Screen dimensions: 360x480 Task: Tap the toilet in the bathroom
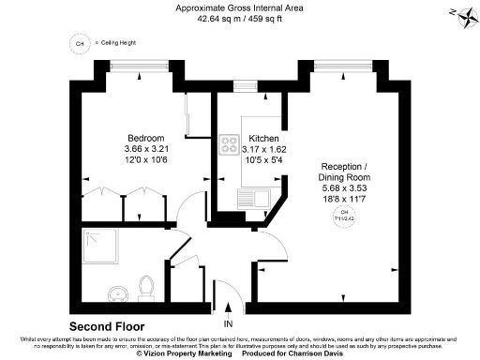145,285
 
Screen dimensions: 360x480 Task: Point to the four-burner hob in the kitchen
228,144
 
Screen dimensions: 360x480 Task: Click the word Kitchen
250,137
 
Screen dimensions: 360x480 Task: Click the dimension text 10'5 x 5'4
250,159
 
